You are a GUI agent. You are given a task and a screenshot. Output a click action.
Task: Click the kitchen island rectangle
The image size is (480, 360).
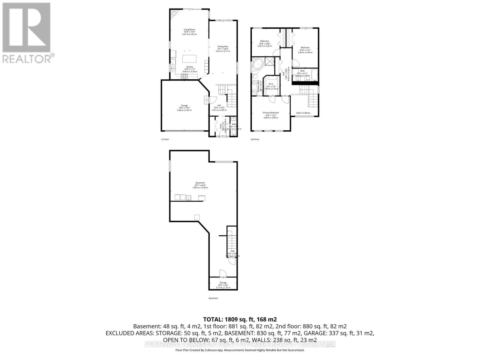189,58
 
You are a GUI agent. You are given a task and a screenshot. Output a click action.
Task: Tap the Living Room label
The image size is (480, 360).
189,29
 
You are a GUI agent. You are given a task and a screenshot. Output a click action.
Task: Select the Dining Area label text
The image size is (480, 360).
223,46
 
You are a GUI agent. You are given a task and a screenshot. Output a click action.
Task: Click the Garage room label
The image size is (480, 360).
184,106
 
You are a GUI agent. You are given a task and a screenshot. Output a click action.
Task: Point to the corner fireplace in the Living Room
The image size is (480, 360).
174,13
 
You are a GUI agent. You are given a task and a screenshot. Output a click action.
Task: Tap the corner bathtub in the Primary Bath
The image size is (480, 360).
257,64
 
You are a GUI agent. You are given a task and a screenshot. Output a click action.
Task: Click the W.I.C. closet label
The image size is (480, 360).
271,84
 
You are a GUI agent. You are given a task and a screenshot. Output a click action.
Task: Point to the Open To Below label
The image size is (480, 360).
303,113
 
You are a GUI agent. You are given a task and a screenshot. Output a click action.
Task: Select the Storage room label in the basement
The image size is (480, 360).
223,283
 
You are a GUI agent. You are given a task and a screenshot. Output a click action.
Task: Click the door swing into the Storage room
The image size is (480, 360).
223,273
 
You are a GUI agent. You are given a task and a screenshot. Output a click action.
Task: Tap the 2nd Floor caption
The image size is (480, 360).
255,139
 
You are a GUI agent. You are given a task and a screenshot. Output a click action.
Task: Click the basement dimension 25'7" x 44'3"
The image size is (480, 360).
200,185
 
